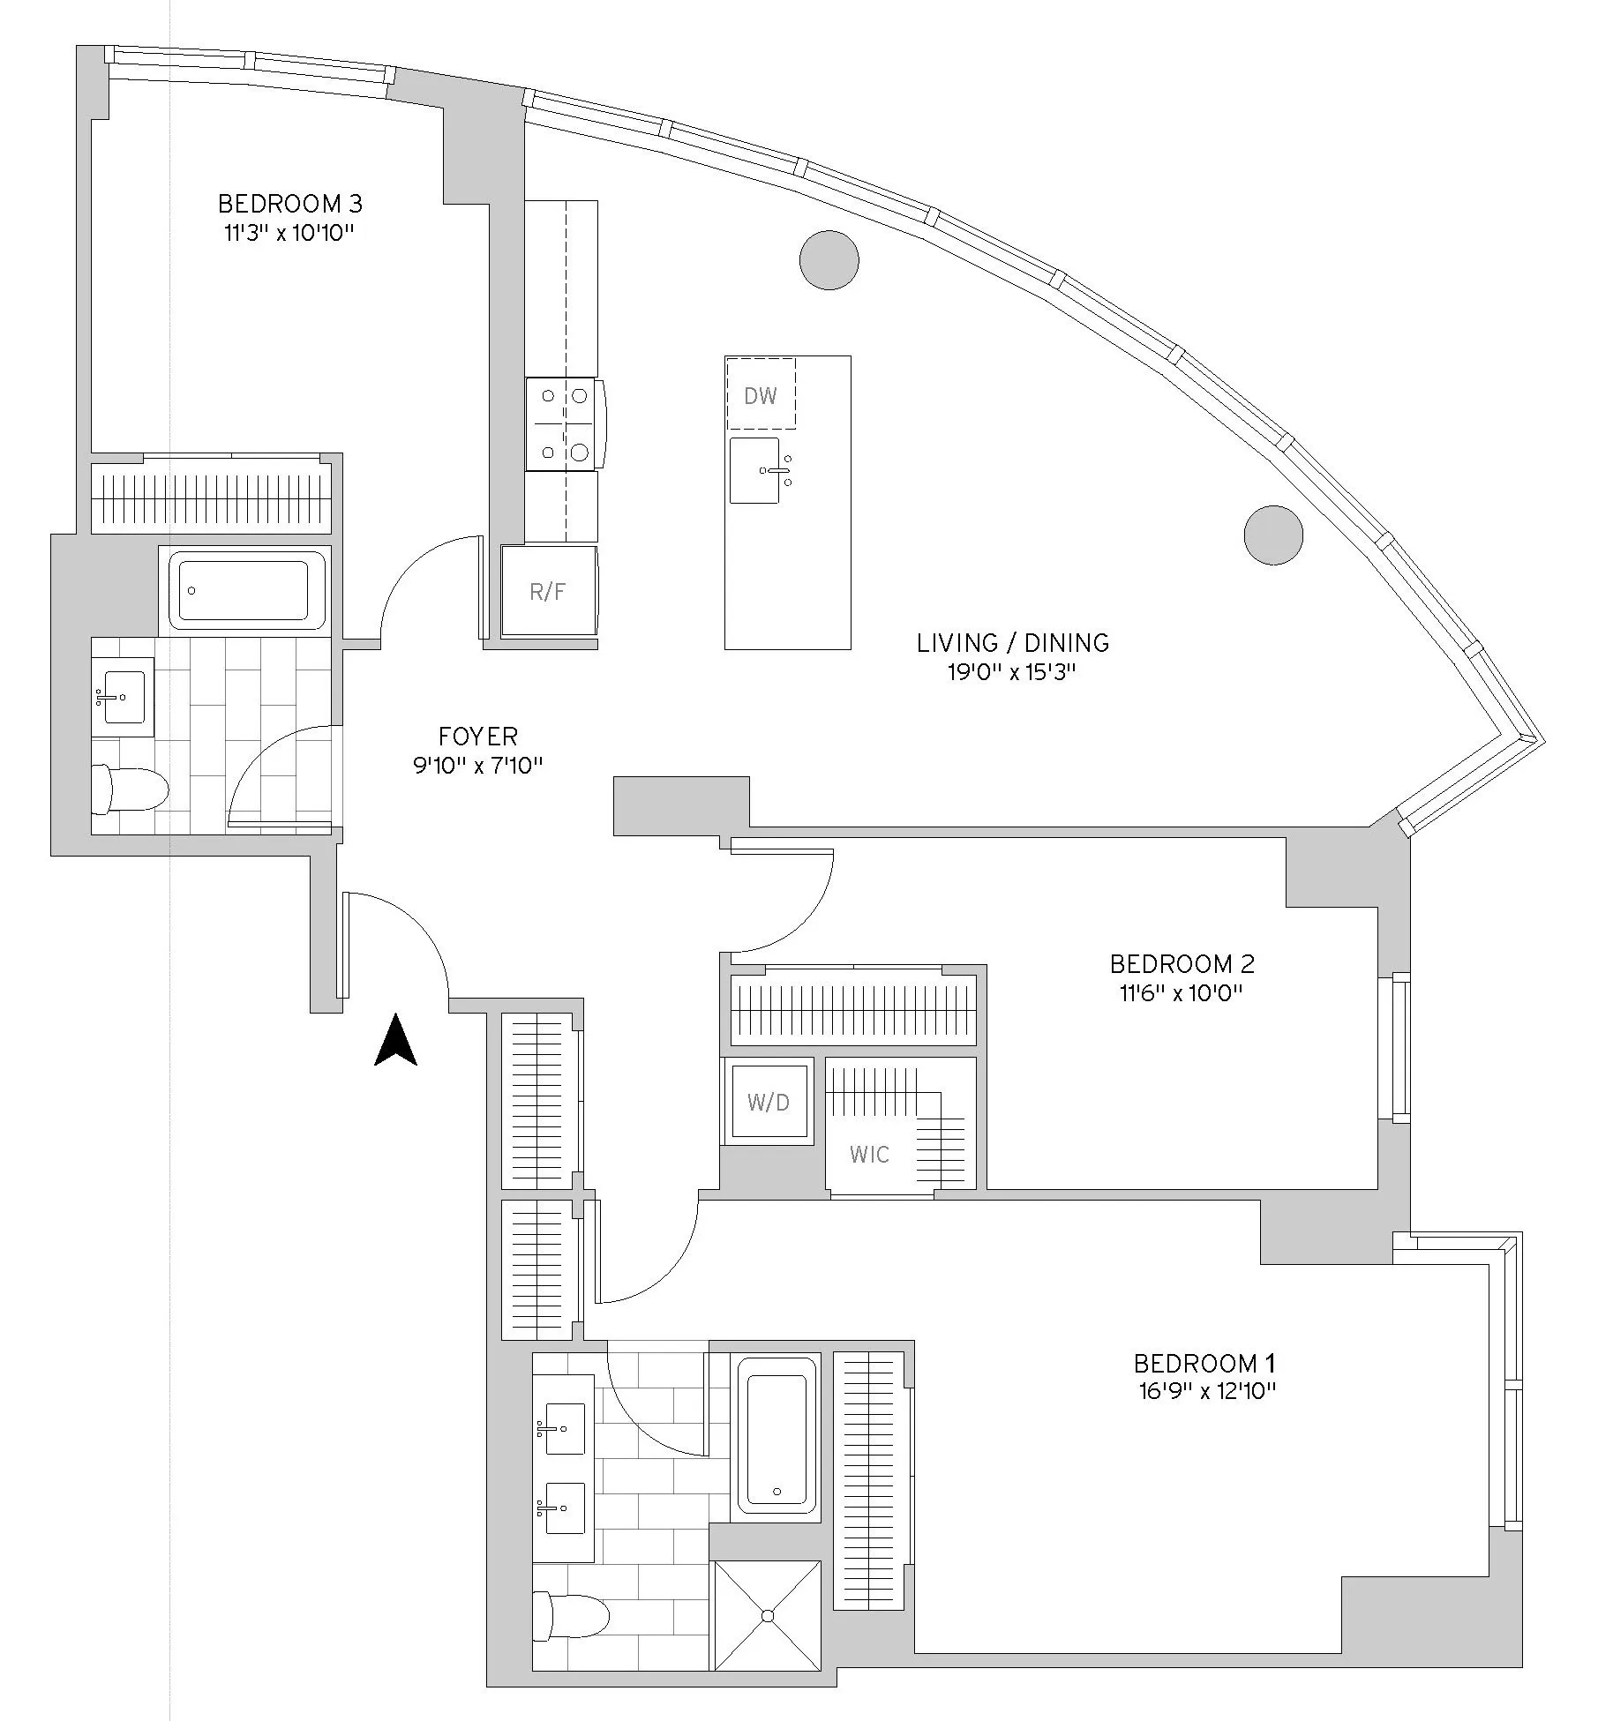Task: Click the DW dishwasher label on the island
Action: pyautogui.click(x=760, y=396)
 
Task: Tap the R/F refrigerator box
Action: pyautogui.click(x=548, y=592)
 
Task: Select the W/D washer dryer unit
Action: pyautogui.click(x=768, y=1101)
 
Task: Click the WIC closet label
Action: pyautogui.click(x=869, y=1154)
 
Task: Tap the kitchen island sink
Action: pyautogui.click(x=756, y=470)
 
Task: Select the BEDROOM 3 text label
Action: pyautogui.click(x=289, y=204)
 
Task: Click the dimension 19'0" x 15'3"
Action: pyautogui.click(x=1012, y=673)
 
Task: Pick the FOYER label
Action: pyautogui.click(x=477, y=736)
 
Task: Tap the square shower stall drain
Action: pyautogui.click(x=767, y=1615)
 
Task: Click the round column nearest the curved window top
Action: pyautogui.click(x=829, y=259)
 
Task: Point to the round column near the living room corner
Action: pyautogui.click(x=1272, y=535)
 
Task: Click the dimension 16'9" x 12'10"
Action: pyautogui.click(x=1205, y=1392)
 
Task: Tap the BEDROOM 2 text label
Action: pyautogui.click(x=1182, y=963)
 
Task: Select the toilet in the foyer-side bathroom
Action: pyautogui.click(x=130, y=789)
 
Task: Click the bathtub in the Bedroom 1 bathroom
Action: pyautogui.click(x=776, y=1434)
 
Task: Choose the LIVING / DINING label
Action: pyautogui.click(x=1012, y=643)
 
